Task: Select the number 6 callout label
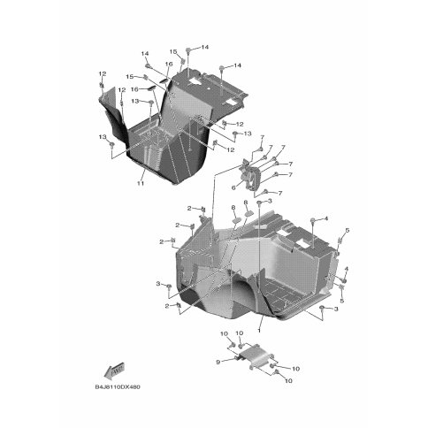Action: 233,187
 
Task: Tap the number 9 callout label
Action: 215,361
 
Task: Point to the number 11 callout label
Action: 141,183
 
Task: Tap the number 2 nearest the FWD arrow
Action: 166,305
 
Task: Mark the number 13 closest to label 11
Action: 103,137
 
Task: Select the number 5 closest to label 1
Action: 340,301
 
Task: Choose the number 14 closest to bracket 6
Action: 238,67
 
